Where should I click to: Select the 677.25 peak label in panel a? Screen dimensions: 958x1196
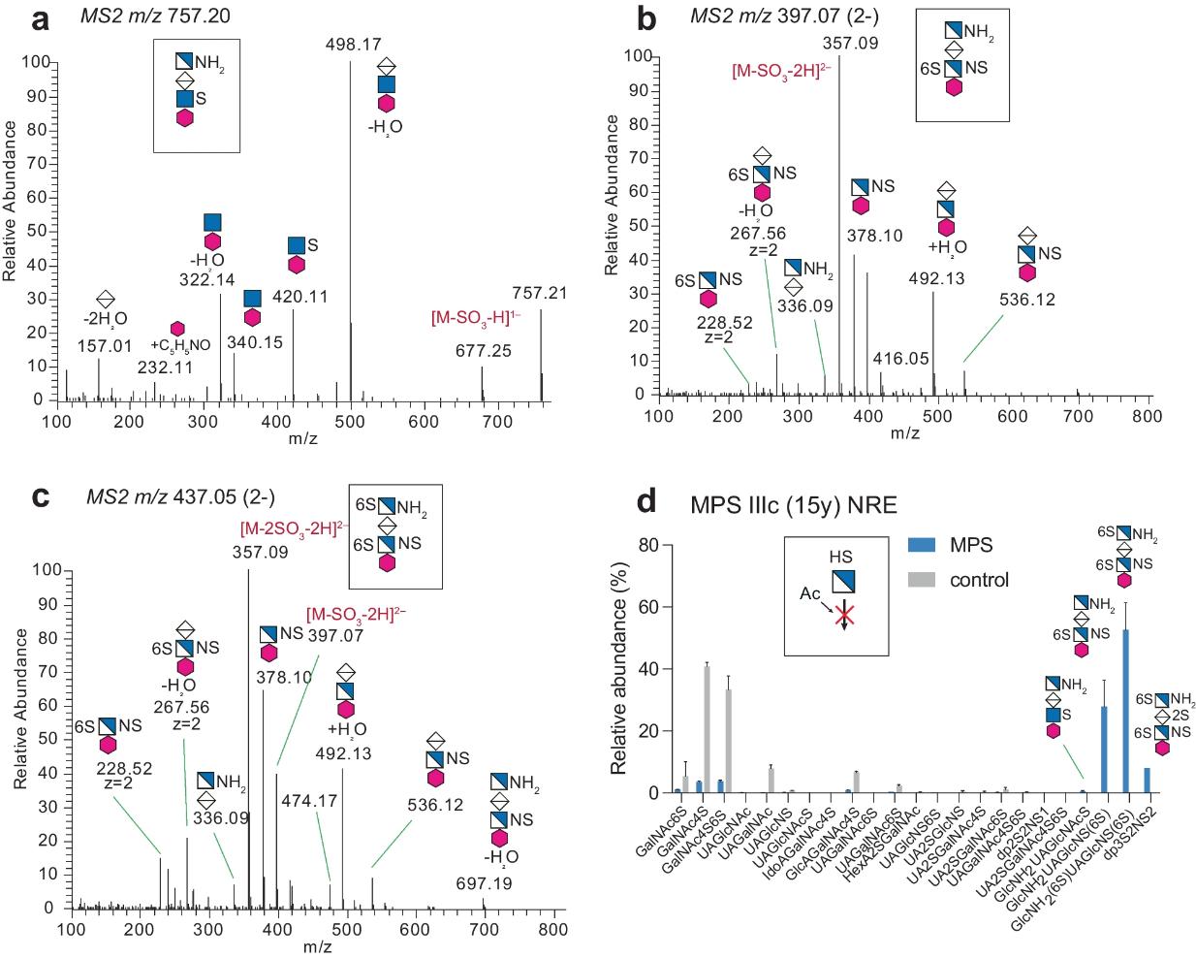tap(483, 350)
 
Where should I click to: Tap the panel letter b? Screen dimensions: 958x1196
tap(645, 19)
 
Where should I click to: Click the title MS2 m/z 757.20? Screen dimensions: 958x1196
tap(158, 16)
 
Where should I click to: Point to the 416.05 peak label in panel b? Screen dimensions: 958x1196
tap(900, 359)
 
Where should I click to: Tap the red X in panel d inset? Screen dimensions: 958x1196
tap(844, 615)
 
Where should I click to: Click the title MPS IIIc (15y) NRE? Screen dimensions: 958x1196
tap(793, 504)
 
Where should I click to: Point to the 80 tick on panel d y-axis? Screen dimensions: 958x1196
tap(648, 545)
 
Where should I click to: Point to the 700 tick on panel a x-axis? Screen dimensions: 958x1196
tap(497, 422)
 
